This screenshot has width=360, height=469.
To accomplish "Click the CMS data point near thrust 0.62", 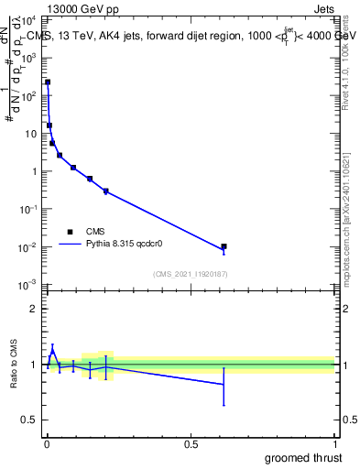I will click(x=224, y=246).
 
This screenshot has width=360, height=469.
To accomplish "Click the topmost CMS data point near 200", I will click(x=48, y=82).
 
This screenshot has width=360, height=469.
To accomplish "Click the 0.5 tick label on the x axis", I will click(x=191, y=444).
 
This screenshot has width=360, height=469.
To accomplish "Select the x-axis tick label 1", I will click(x=333, y=444).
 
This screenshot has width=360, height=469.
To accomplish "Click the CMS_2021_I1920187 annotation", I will click(x=190, y=274).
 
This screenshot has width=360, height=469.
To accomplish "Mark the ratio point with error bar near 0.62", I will click(x=224, y=384).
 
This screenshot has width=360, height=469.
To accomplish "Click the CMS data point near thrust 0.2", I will click(x=106, y=191).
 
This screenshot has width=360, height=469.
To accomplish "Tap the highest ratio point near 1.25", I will click(x=52, y=349).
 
